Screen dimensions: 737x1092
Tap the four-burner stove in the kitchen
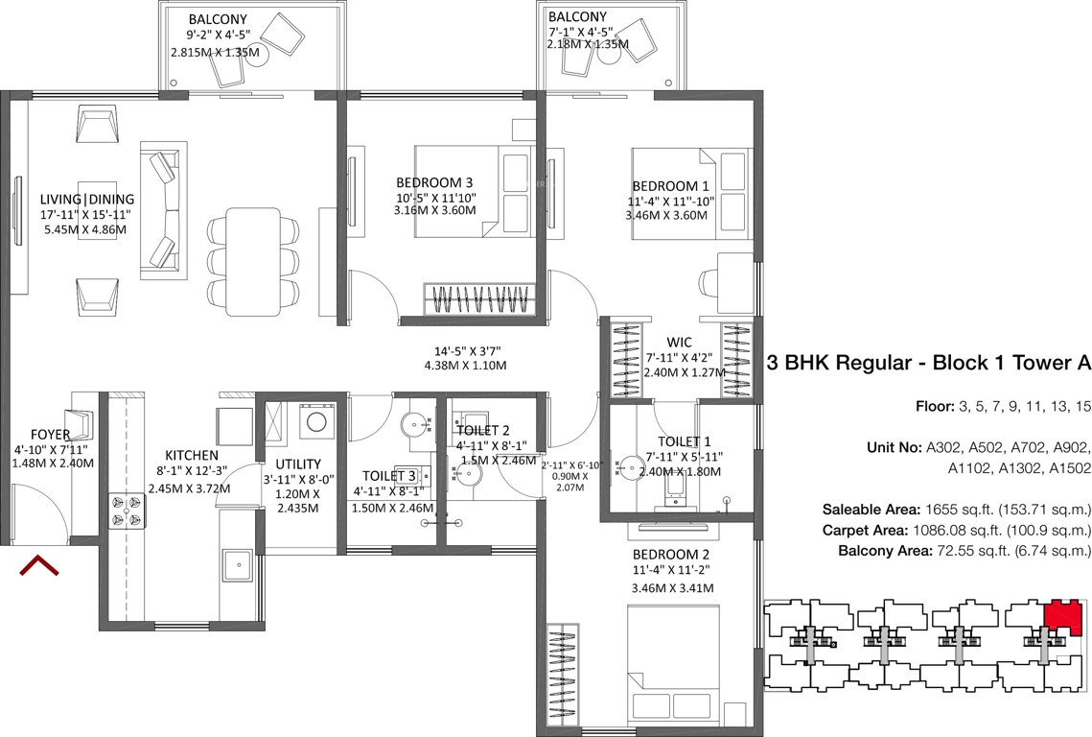128,510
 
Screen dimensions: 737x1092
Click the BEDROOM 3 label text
434,182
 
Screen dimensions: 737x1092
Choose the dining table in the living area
250,260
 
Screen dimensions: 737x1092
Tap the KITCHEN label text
192,455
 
